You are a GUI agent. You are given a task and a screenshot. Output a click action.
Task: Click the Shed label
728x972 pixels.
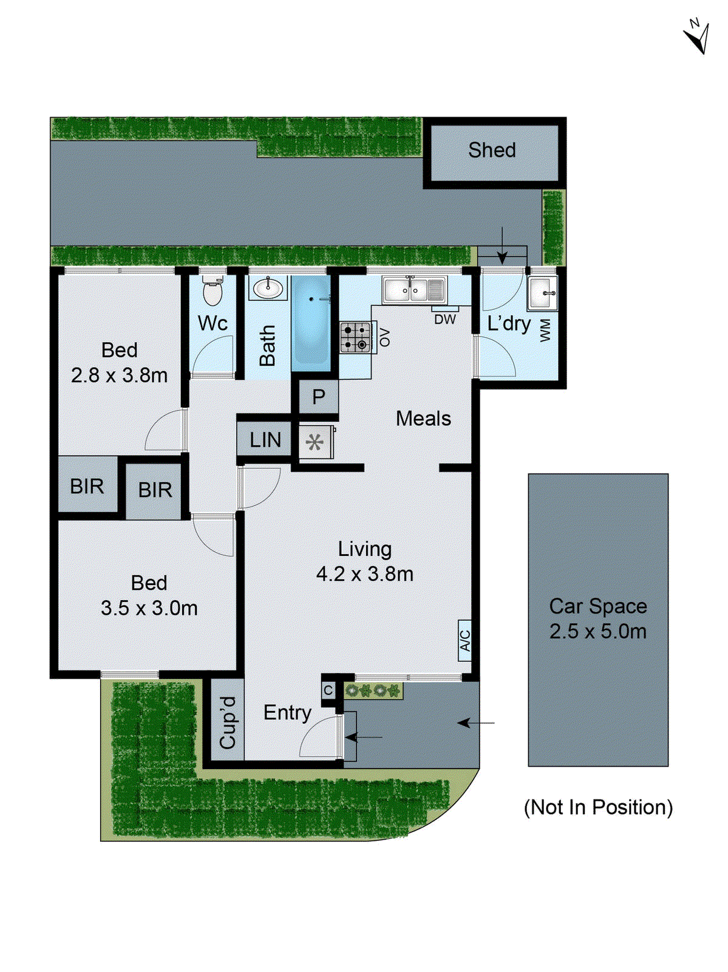[x=491, y=150]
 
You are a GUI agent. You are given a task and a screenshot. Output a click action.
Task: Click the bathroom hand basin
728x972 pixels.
[x=267, y=288]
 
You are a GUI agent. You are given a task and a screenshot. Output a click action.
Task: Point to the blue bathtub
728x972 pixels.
[x=310, y=324]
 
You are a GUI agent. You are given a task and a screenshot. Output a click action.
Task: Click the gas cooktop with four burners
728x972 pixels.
[x=355, y=337]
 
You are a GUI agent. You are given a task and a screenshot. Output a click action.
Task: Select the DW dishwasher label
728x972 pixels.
[x=444, y=320]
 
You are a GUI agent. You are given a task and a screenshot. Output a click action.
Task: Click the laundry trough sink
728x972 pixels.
[x=542, y=293]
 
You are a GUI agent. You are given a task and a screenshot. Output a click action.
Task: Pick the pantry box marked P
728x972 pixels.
[x=318, y=397]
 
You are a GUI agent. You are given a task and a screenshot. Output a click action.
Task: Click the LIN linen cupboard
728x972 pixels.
[x=265, y=440]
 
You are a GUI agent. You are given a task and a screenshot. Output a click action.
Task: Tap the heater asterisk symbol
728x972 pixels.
[x=315, y=442]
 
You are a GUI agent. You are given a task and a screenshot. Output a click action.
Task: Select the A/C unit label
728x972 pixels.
[x=464, y=640]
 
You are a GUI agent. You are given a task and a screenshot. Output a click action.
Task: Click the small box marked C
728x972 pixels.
[x=328, y=691]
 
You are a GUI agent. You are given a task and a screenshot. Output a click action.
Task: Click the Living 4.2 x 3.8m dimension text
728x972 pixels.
[x=364, y=574]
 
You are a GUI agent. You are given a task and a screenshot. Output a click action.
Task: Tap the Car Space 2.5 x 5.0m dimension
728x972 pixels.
[x=598, y=631]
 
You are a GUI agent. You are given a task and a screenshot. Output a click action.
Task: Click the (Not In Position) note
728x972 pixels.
[x=598, y=807]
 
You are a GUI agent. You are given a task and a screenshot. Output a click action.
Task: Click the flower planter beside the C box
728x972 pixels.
[x=373, y=691]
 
